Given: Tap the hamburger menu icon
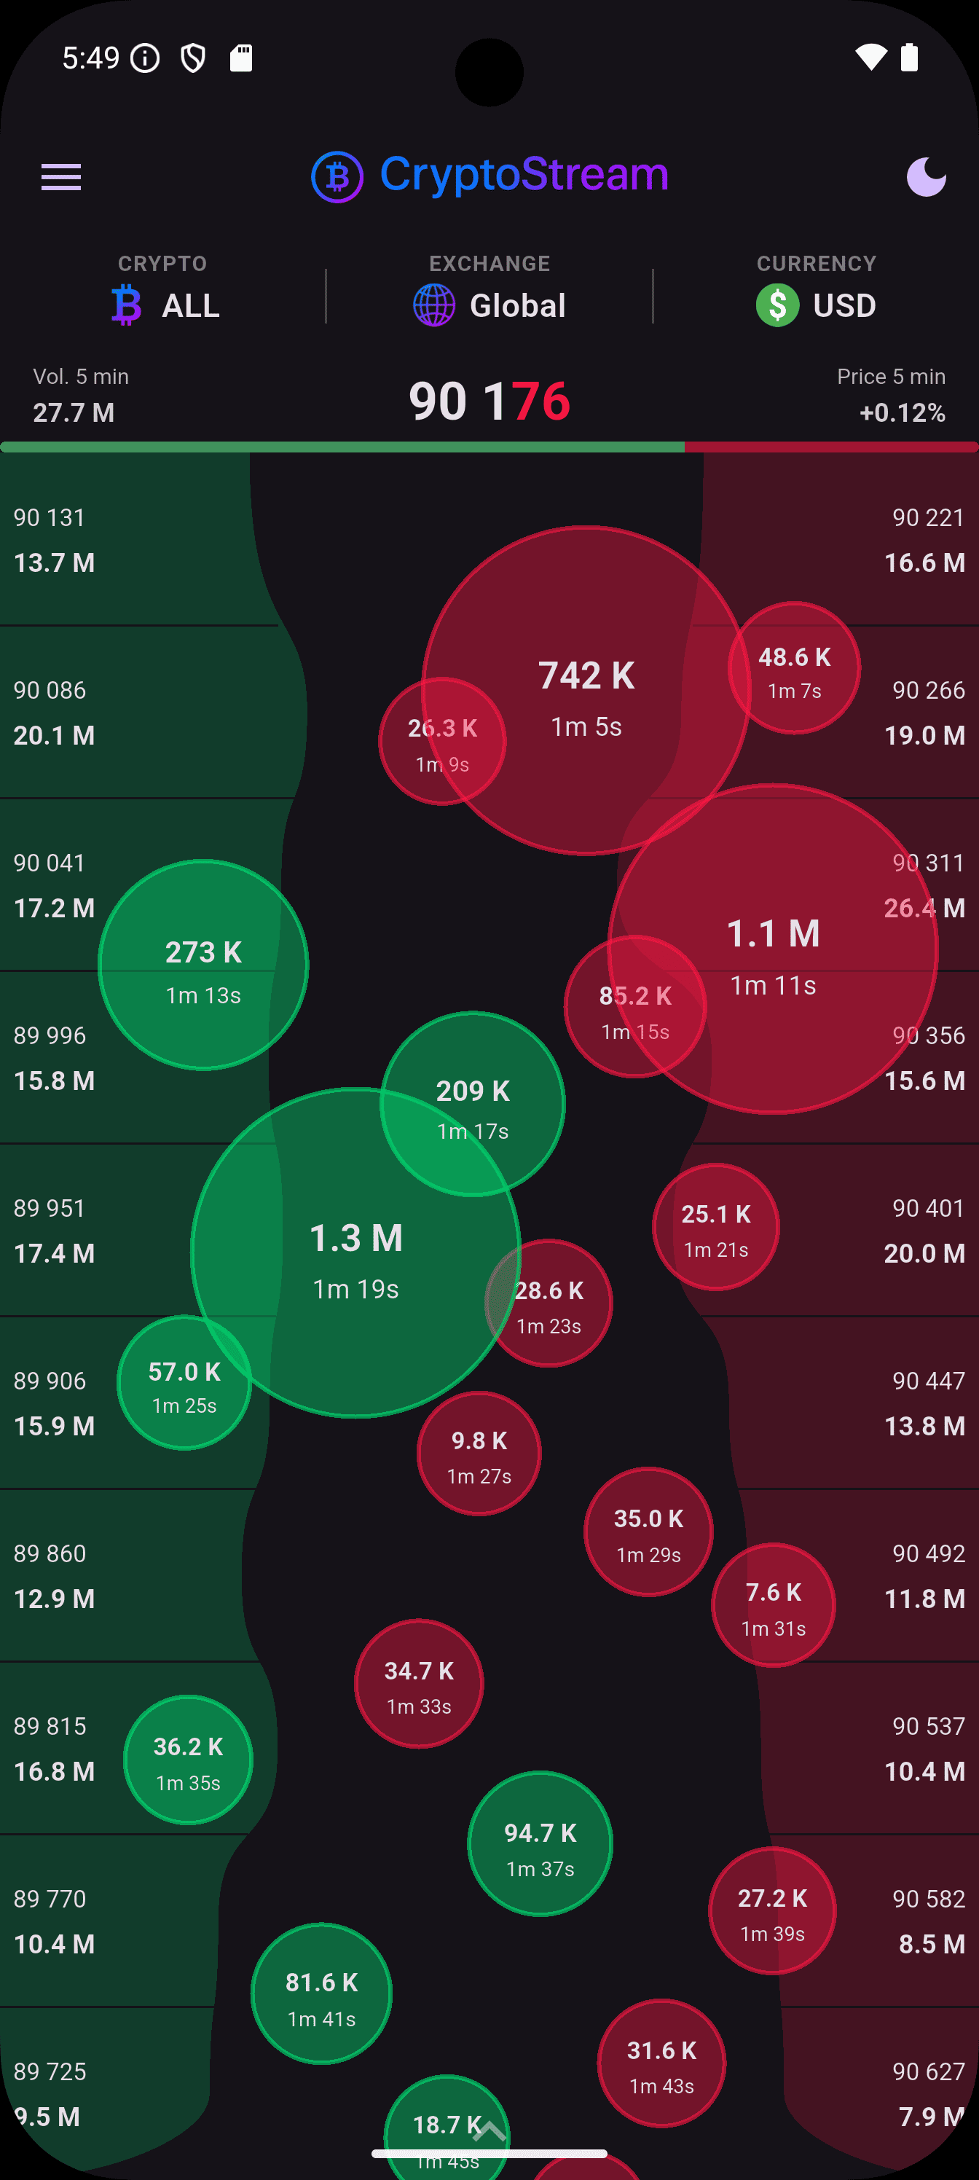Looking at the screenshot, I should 61,177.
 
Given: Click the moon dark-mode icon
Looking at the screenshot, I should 926,177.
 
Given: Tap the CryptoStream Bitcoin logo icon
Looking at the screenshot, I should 337,177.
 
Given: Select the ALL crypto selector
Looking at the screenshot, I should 167,305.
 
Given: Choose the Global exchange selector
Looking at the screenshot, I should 490,305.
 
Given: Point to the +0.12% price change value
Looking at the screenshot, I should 902,412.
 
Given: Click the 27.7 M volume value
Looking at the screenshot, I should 74,412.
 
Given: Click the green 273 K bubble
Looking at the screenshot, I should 203,965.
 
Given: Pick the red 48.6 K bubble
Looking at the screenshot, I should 795,669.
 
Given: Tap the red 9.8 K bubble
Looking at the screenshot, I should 479,1453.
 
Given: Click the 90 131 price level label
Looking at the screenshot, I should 50,517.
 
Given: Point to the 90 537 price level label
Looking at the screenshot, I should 928,1725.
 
